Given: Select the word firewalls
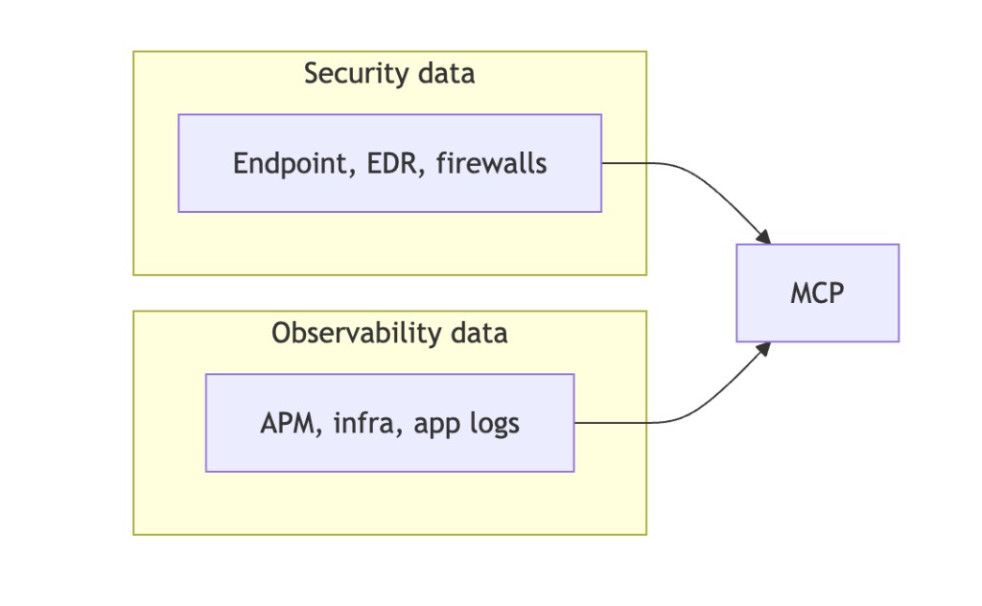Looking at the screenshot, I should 491,163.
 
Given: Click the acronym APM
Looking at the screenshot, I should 291,423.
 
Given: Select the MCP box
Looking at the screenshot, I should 817,292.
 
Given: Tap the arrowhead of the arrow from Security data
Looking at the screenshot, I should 764,237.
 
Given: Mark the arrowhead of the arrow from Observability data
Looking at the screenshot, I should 764,348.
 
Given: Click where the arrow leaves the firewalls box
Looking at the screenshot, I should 604,163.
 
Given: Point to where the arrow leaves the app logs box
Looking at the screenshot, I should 576,422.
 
